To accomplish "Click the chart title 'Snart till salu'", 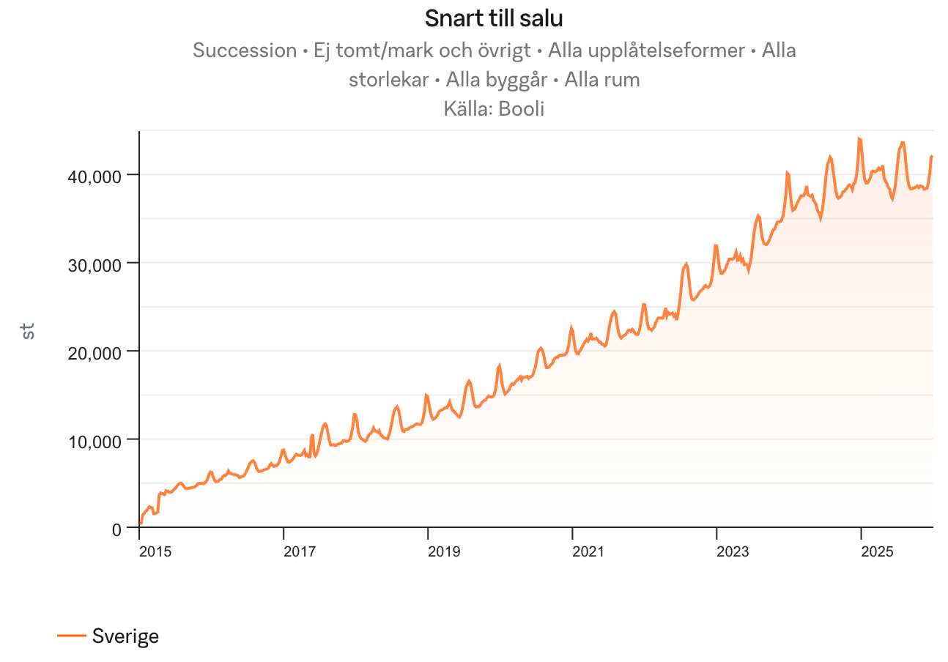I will click(494, 18).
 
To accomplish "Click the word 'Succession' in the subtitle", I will click(244, 51).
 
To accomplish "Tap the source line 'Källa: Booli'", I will click(494, 109).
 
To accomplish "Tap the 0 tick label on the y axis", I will click(117, 529).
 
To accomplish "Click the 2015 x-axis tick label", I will click(155, 551).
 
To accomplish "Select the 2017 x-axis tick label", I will click(299, 551).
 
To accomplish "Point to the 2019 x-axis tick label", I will click(443, 551).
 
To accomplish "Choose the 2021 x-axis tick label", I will click(588, 551).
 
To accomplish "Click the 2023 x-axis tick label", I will click(732, 551).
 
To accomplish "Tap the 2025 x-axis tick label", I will click(876, 551).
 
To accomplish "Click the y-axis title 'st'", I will click(28, 331).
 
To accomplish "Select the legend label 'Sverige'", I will click(125, 636).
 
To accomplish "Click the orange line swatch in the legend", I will click(72, 636).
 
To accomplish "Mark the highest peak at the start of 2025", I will click(859, 138).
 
